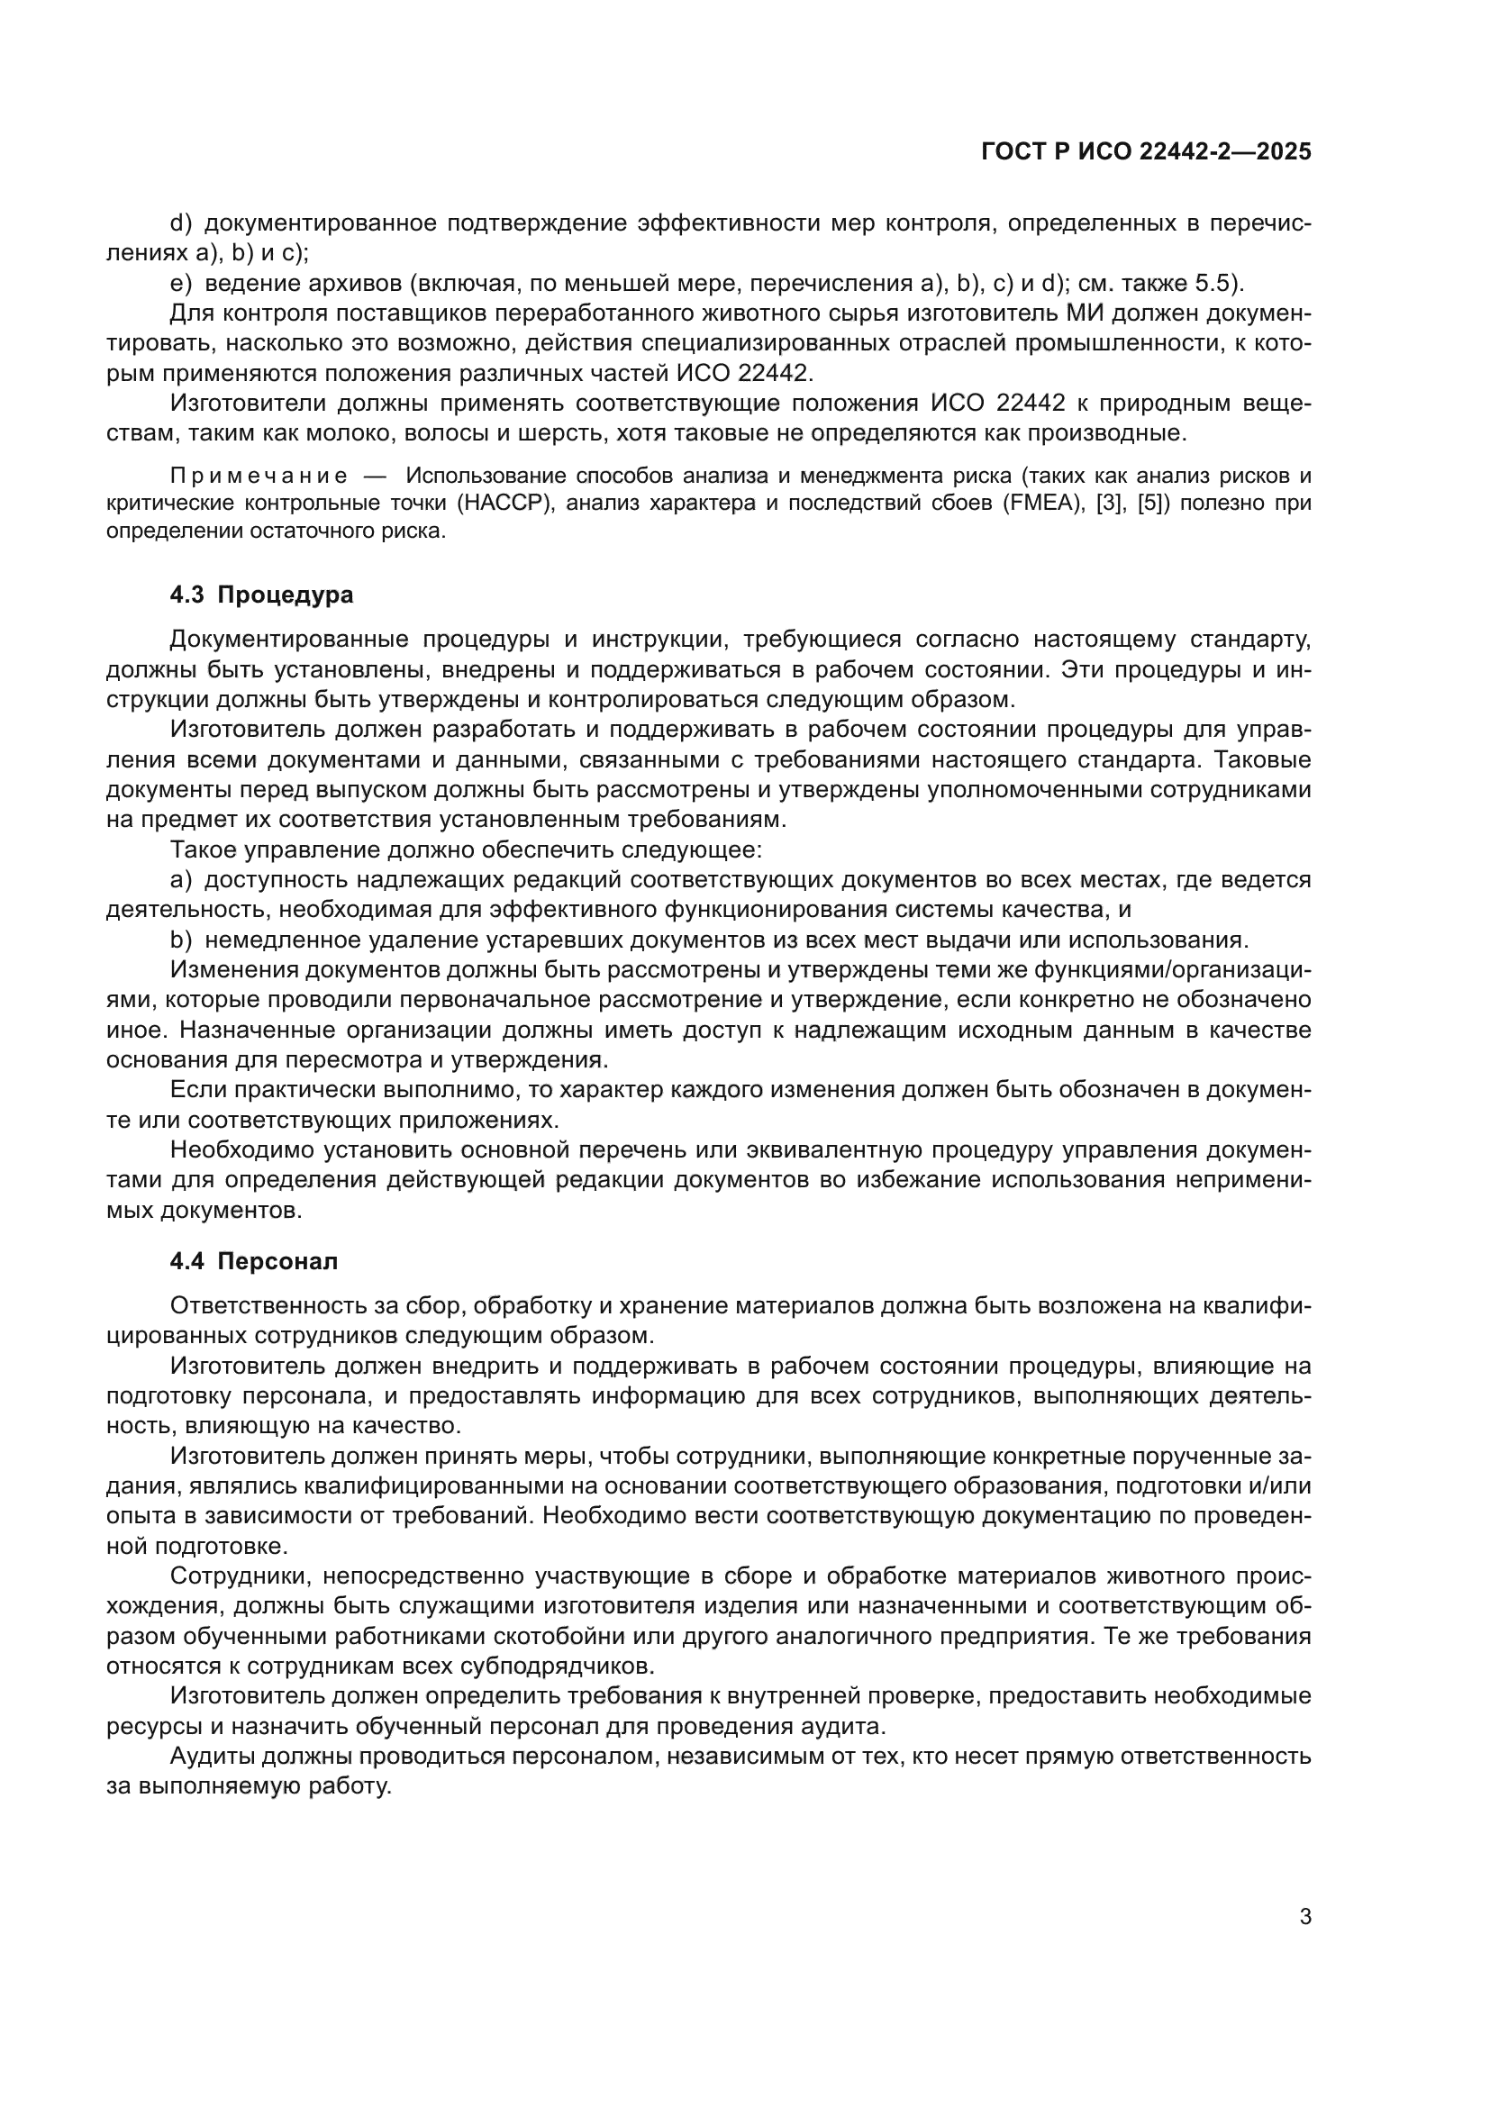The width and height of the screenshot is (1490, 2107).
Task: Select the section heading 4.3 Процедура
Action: (x=261, y=595)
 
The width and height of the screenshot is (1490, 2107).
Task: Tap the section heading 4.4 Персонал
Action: (x=253, y=1261)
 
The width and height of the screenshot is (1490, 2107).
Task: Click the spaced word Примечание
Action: (x=259, y=476)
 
